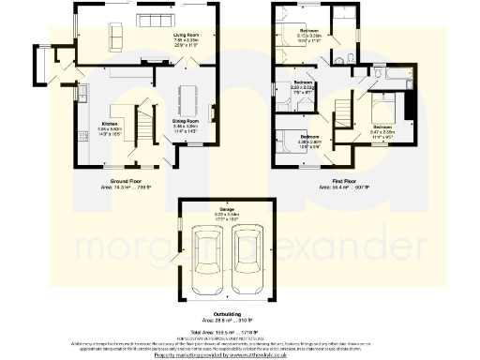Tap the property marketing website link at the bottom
(x=240, y=353)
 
